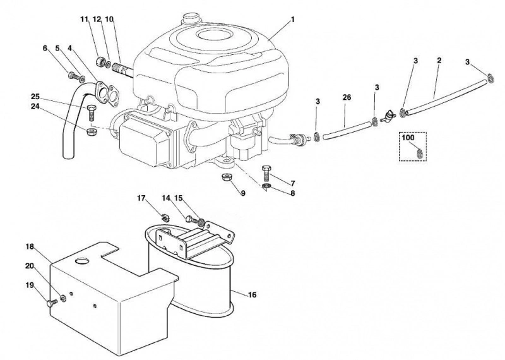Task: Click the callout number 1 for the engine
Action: tap(293, 20)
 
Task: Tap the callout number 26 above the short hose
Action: tap(347, 97)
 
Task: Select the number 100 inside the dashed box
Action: tap(408, 138)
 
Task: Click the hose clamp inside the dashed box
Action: tap(419, 152)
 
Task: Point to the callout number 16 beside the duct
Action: tap(252, 294)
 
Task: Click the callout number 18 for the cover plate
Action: tap(30, 246)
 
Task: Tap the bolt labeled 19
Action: tap(52, 303)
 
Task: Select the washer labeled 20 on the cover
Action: tap(62, 299)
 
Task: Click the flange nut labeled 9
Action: tap(225, 177)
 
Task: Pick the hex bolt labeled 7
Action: tap(267, 173)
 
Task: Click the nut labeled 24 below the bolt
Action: tap(90, 131)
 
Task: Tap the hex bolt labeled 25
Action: tap(90, 113)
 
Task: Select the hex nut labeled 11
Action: tap(100, 61)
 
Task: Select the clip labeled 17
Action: tap(166, 217)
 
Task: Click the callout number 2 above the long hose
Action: tap(439, 60)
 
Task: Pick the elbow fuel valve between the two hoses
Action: tap(387, 116)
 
